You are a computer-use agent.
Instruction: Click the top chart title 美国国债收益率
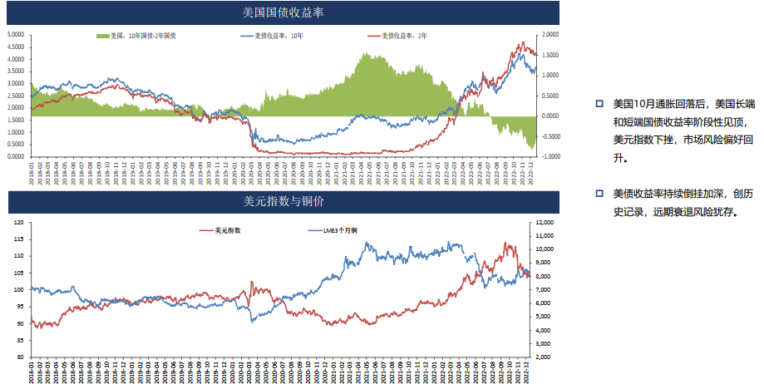(x=283, y=12)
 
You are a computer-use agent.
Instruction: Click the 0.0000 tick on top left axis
(x=15, y=156)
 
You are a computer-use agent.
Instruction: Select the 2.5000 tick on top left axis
(x=15, y=96)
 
